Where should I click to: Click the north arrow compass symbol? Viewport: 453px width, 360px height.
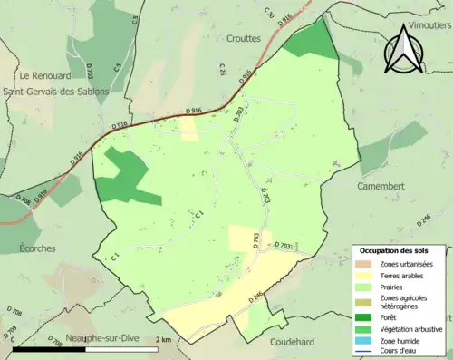pos(403,50)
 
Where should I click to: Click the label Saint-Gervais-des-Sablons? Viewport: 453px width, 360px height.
pos(56,91)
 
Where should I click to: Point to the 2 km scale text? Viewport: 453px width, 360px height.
pos(163,339)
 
